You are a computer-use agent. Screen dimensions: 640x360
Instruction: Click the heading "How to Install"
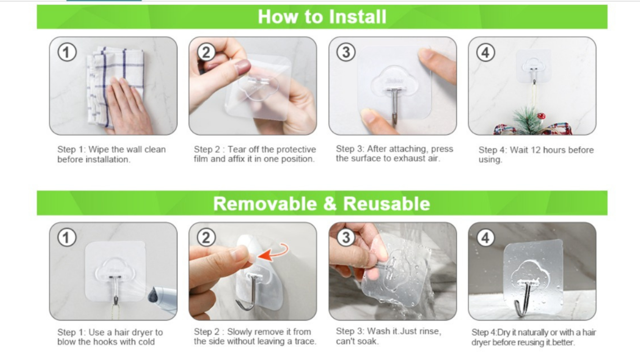(x=322, y=16)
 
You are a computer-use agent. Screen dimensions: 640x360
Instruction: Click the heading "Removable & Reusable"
(x=321, y=203)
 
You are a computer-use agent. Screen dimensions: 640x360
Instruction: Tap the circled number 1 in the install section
(x=67, y=52)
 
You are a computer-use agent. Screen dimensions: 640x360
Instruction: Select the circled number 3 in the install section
(x=346, y=52)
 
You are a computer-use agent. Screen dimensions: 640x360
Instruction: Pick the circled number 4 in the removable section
(x=485, y=238)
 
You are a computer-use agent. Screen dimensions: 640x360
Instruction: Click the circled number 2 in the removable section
(x=206, y=238)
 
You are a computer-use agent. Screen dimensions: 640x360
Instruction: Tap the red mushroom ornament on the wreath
(x=541, y=116)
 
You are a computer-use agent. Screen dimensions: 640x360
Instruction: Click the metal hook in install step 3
(x=394, y=106)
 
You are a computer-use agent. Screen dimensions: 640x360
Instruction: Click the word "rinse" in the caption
(x=430, y=331)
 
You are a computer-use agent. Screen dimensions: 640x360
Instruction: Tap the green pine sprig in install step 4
(x=527, y=120)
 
